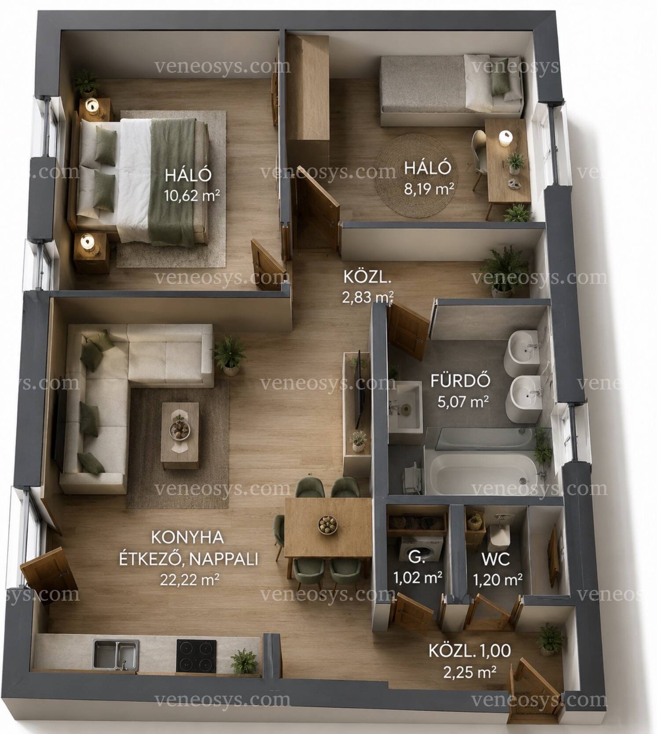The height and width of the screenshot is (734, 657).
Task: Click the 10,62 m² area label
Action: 192,195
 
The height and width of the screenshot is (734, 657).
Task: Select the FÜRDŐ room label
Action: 460,381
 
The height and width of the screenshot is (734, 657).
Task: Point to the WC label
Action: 496,559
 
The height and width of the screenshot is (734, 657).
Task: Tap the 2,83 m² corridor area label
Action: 367,298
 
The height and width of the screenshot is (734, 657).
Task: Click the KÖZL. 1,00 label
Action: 470,651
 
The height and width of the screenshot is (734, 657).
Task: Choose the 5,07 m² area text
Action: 463,402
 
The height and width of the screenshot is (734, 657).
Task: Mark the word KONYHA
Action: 187,537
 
